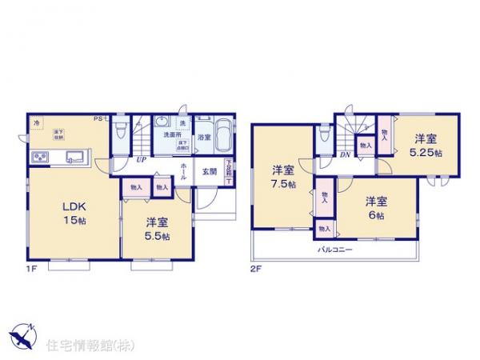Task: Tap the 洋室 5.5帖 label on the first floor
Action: pyautogui.click(x=156, y=230)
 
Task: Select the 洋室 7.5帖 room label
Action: pyautogui.click(x=282, y=177)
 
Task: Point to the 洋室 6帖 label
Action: pyautogui.click(x=376, y=208)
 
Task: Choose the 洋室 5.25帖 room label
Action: pyautogui.click(x=424, y=143)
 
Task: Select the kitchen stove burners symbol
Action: pyautogui.click(x=41, y=155)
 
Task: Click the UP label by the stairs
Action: pyautogui.click(x=141, y=159)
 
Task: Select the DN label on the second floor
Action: pyautogui.click(x=345, y=155)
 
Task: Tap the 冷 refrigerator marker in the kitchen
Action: pyautogui.click(x=36, y=122)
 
